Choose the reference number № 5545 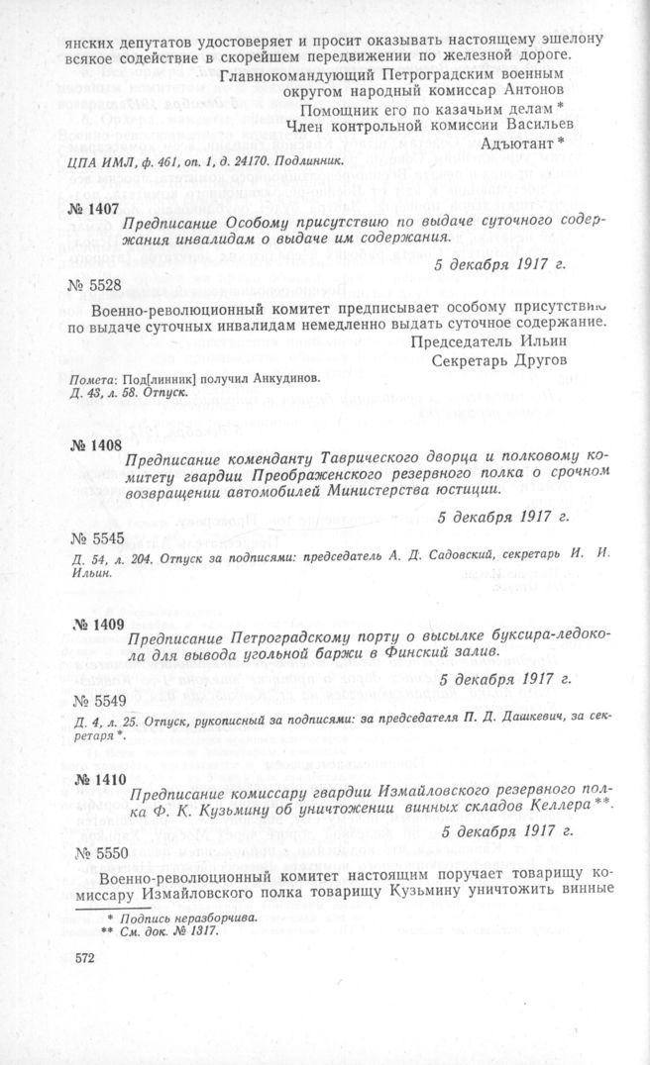coord(98,539)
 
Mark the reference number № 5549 coord(98,700)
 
